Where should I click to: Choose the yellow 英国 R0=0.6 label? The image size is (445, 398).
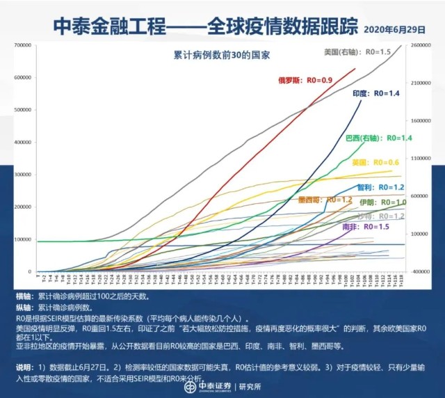click(x=366, y=162)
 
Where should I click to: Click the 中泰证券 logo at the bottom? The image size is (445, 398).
click(x=209, y=386)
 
